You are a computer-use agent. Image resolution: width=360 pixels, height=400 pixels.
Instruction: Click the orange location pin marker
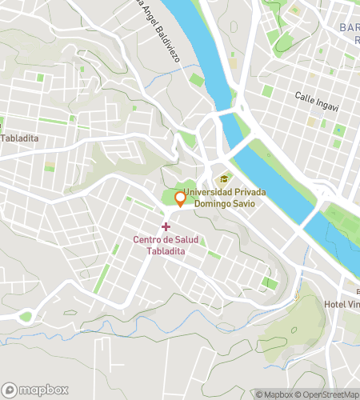(180, 199)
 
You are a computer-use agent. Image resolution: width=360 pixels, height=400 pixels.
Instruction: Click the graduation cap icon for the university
(224, 179)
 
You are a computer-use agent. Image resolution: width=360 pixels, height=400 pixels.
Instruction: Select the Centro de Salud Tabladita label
(165, 245)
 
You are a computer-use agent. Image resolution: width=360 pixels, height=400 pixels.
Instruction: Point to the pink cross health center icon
(166, 227)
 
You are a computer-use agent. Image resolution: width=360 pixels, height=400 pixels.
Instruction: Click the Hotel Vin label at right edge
(342, 306)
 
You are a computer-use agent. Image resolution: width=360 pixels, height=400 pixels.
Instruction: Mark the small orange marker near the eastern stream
(296, 295)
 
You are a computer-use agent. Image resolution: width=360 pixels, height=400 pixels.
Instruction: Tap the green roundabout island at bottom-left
(26, 317)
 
